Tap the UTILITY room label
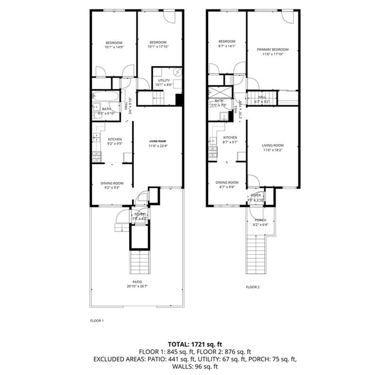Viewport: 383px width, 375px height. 164,81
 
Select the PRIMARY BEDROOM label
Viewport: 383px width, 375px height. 273,49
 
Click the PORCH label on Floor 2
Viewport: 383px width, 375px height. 261,220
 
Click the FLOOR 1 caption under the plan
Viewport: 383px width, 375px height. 97,321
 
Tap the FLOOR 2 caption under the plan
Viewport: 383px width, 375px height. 253,287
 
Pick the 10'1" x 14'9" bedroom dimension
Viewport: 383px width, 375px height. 113,47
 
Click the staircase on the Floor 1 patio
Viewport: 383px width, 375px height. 139,262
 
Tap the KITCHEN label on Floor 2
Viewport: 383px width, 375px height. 230,138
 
